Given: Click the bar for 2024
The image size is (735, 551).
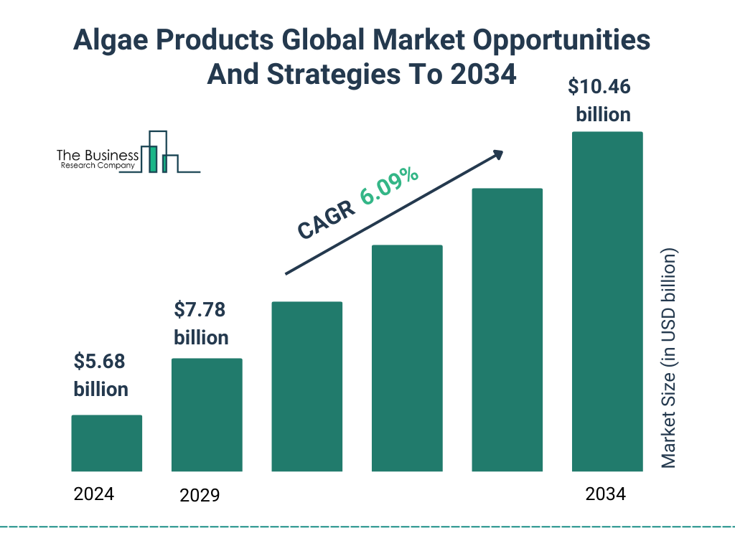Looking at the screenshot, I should point(107,443).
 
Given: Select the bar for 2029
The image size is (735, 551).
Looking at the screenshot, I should point(207,415).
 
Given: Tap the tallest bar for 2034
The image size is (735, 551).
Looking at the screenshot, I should point(607,301).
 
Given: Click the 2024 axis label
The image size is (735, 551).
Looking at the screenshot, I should point(94,494).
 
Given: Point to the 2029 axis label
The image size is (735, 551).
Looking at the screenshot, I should point(200,495).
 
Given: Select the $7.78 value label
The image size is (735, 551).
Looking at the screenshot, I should point(200,311).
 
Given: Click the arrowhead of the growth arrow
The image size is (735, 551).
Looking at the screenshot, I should point(497,155).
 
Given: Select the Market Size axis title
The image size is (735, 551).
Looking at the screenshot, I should point(669,359).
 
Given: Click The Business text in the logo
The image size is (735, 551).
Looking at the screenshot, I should point(98,155).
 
